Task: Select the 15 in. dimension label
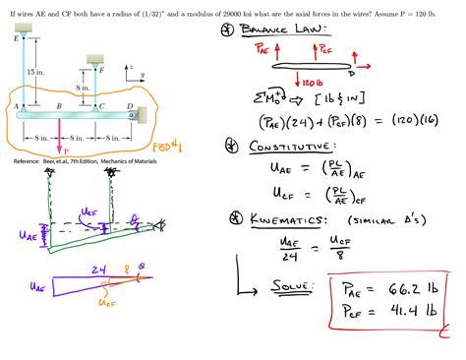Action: point(35,71)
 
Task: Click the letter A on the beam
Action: point(16,106)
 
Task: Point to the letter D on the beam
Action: point(130,106)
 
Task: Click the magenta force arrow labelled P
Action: point(61,138)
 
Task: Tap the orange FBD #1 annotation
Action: point(179,148)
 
